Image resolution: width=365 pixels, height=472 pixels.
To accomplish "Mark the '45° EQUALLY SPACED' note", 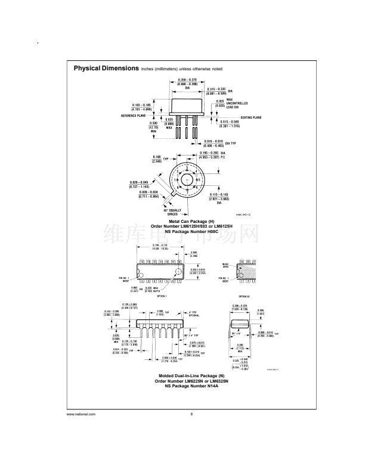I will pos(173,212).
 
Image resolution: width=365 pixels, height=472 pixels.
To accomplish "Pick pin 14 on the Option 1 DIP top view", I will pos(141,262).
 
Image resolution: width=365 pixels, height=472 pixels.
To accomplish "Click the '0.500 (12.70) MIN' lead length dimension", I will pos(153,126).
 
